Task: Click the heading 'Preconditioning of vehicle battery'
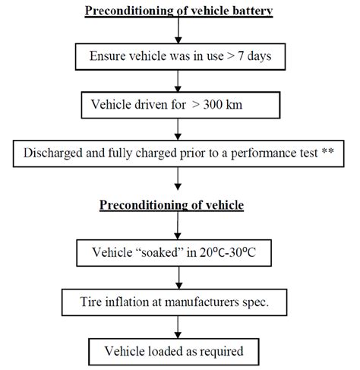click(x=179, y=11)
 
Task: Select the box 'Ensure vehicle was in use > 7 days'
click(x=179, y=56)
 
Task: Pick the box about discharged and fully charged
click(x=179, y=152)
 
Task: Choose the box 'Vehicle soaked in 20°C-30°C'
click(x=179, y=251)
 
